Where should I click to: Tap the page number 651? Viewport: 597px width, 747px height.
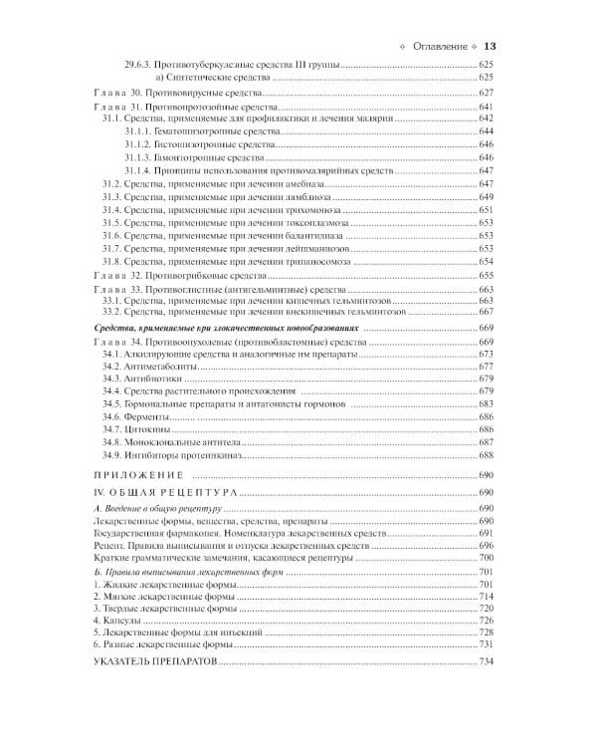point(487,209)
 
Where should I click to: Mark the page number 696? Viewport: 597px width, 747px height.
point(487,546)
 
